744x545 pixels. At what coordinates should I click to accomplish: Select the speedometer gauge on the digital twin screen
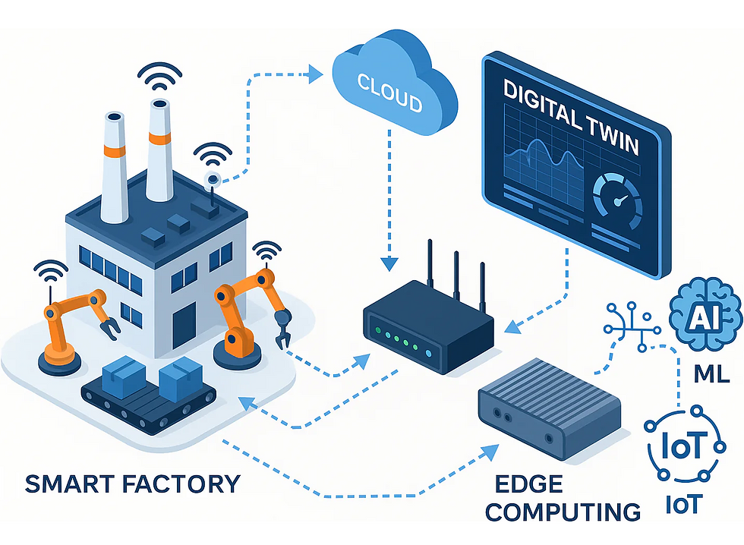[617, 200]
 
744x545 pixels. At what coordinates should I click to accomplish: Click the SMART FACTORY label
[133, 483]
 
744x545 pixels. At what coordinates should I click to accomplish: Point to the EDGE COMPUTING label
[563, 497]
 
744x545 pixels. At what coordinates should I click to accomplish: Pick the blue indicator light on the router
[430, 353]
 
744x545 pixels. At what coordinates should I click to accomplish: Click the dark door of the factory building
[184, 324]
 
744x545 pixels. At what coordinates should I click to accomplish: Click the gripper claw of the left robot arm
[109, 327]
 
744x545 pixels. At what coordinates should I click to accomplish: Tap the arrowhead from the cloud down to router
[389, 263]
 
